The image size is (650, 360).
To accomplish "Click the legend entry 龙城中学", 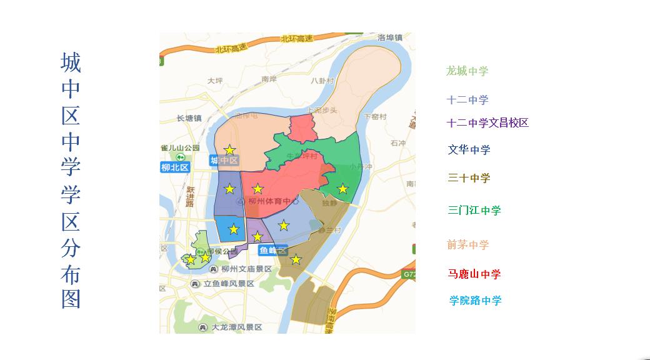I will pos(467,71).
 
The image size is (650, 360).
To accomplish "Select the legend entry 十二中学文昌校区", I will pos(488,123).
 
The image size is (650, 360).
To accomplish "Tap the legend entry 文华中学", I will pos(469,150).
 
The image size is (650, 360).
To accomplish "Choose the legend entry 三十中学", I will pos(469,178).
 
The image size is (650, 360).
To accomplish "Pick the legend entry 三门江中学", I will pos(474,211).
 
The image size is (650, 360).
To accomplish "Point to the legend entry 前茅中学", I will pos(467,245).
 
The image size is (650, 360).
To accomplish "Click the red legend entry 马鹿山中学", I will pos(474,274).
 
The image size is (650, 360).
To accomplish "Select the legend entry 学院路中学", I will pos(475,301).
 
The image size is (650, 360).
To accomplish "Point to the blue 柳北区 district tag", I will pos(175,167).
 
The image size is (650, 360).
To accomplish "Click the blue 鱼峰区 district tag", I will pos(272,251).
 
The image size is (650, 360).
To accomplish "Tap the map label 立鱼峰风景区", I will pos(227,284).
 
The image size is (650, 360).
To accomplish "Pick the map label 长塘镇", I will pos(189,118).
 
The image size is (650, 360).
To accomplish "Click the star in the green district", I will pos(342,189).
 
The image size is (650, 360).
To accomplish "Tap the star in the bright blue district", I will pos(234,229).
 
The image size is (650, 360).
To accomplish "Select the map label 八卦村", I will pos(322,81).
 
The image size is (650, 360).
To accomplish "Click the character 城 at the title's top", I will pos(71,62).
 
